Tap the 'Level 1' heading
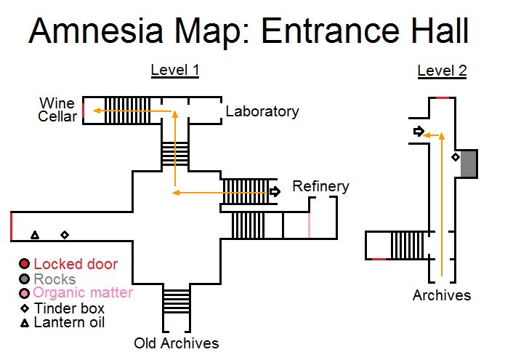(174, 70)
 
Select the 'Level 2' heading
(442, 71)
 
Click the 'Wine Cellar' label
(57, 109)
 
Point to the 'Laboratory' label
(262, 111)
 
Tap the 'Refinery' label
(320, 186)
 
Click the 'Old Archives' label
(176, 343)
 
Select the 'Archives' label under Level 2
(442, 295)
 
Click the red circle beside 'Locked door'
(24, 264)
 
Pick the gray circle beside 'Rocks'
(24, 279)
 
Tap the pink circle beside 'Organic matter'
(24, 293)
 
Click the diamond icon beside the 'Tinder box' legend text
(24, 308)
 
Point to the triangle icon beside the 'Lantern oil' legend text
(24, 322)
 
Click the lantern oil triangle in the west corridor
(34, 235)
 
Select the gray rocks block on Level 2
(469, 163)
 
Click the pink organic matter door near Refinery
(309, 225)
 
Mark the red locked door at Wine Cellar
(84, 111)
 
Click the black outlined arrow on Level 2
(418, 131)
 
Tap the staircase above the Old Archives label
(175, 300)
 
